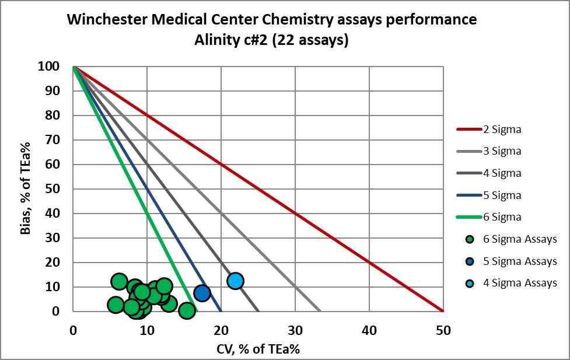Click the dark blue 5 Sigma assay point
(202, 293)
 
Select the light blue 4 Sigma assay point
(235, 281)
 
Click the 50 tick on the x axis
(443, 330)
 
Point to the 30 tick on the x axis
(295, 330)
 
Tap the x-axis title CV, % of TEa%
(258, 349)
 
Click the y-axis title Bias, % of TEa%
(25, 189)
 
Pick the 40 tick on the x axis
(369, 330)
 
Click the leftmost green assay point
(116, 305)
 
